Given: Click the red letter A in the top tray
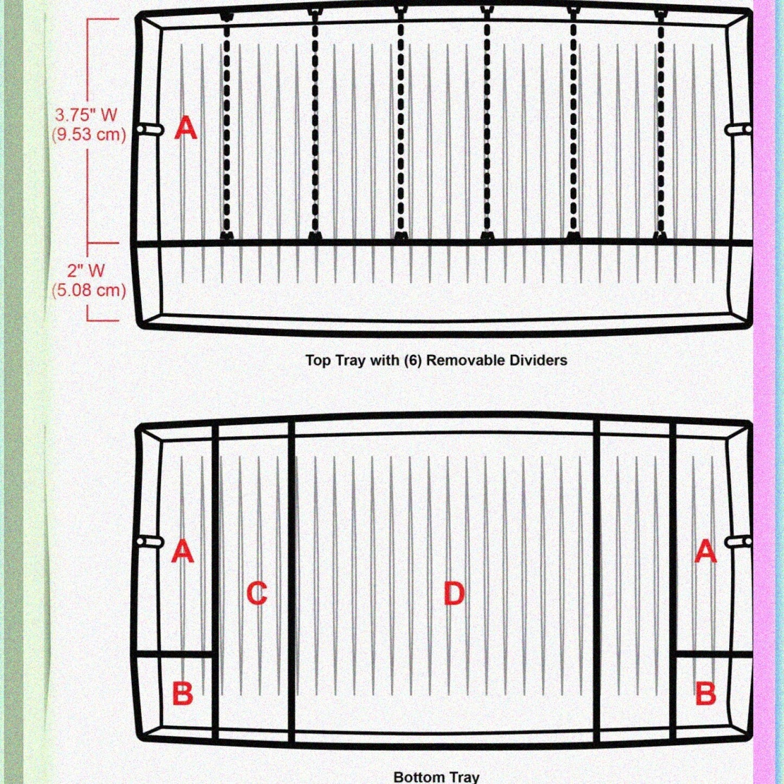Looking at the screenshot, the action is (x=186, y=128).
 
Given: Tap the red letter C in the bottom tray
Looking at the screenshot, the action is (x=257, y=593).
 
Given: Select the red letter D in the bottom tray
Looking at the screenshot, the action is (x=454, y=593).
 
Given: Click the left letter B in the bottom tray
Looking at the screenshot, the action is (x=183, y=694).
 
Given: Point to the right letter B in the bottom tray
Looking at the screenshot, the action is (x=705, y=694).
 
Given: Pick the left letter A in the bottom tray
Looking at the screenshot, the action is (x=182, y=551).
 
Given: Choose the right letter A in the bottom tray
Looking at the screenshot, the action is (x=705, y=551).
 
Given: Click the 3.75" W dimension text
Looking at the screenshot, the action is (x=86, y=115).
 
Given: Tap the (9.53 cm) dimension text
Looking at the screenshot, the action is (x=88, y=134).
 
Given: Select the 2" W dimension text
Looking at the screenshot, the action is (x=86, y=271).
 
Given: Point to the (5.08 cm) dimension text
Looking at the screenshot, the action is (x=88, y=290).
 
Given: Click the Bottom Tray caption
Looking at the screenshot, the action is (x=437, y=777).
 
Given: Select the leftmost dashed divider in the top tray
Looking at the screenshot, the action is (x=227, y=126).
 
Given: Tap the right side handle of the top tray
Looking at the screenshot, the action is (x=738, y=129).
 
